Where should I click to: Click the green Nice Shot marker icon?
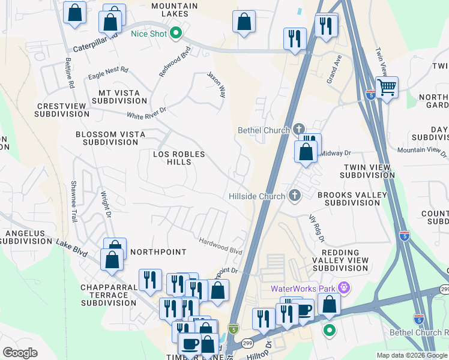[176, 34]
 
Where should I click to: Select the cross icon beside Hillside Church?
[294, 196]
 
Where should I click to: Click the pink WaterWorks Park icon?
[343, 289]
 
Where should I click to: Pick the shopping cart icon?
[387, 87]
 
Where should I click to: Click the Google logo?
[20, 352]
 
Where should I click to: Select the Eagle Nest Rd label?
[108, 70]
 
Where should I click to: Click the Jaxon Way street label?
[217, 85]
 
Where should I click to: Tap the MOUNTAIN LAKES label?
[174, 10]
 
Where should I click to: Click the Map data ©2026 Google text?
[411, 355]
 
